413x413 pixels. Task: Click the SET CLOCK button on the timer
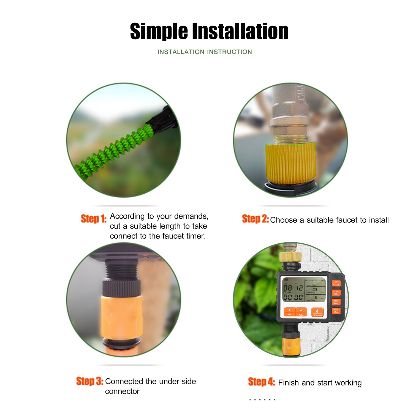tap(336, 284)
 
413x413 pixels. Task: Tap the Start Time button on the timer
tap(336, 293)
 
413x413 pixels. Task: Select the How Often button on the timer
tap(336, 311)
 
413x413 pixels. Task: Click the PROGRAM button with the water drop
tap(317, 313)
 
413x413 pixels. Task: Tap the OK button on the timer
tap(301, 312)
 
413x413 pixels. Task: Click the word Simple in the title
tap(159, 32)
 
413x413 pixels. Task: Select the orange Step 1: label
tap(93, 219)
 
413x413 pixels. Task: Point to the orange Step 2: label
tap(255, 219)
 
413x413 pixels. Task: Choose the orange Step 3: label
tap(89, 381)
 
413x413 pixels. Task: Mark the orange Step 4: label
tap(261, 382)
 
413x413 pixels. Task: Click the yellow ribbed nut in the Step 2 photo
tap(290, 164)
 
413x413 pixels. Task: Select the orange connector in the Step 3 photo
tap(121, 317)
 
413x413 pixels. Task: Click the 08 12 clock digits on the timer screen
tap(293, 288)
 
